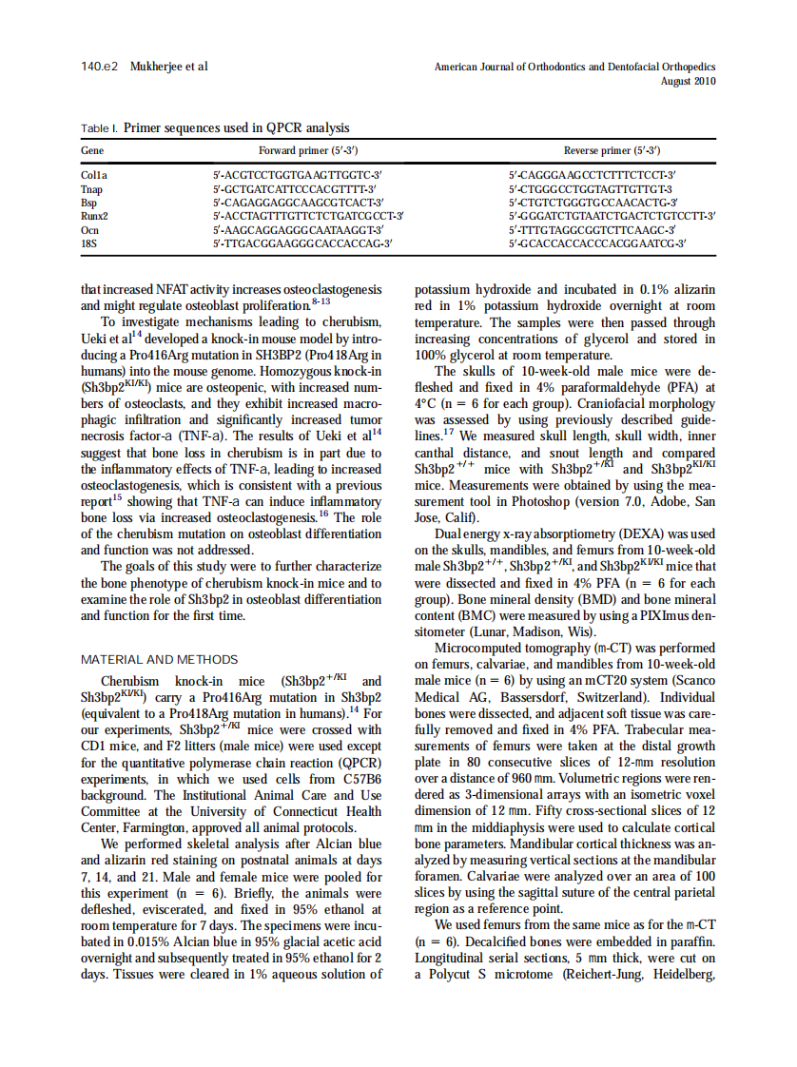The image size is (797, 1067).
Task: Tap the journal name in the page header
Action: click(574, 68)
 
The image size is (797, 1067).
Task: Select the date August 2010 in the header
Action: click(689, 81)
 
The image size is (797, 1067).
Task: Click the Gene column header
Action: click(92, 151)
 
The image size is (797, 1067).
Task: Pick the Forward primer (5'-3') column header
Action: click(308, 151)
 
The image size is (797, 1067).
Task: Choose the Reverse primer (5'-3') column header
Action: click(612, 151)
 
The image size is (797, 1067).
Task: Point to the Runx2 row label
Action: click(95, 216)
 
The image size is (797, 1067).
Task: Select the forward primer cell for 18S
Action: click(303, 243)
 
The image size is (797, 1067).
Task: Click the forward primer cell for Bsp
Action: click(298, 203)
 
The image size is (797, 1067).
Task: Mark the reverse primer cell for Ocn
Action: click(592, 230)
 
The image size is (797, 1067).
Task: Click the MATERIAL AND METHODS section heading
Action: click(160, 660)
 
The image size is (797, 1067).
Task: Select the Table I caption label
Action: click(100, 127)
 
